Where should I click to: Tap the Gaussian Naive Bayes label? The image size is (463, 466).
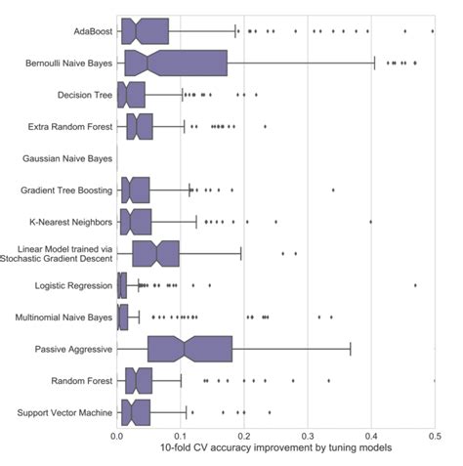[x=66, y=158]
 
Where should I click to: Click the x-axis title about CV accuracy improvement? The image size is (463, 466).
[x=275, y=448]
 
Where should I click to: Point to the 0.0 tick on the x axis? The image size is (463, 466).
[x=116, y=435]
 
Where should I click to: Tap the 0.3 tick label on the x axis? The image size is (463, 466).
[x=307, y=435]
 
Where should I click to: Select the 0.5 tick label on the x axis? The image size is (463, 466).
[x=434, y=435]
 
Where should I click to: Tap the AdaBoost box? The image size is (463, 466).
[x=143, y=32]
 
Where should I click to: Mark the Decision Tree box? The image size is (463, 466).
[x=131, y=95]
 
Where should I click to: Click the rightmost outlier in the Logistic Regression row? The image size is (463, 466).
[x=415, y=285]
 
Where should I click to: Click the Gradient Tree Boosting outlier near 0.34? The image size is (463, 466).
[x=333, y=190]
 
